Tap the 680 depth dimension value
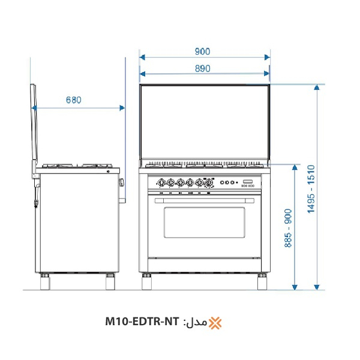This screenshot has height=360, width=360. coord(73,100)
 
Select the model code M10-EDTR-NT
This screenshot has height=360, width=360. coord(142,323)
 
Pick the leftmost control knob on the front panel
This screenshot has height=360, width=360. coord(161,182)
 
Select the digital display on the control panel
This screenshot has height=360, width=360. coord(248,182)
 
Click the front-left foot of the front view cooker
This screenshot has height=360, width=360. coord(146,281)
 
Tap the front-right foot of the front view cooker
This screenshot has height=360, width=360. coord(263,281)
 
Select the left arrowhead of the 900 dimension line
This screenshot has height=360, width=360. coord(142,58)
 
